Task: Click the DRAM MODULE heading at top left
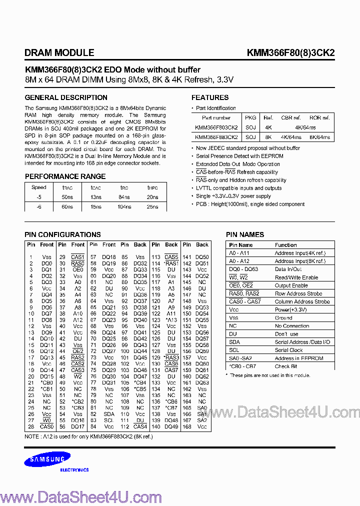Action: coord(59,52)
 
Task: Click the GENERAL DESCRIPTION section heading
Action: coord(61,97)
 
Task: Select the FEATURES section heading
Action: coord(210,97)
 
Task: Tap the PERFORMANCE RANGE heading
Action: coord(65,176)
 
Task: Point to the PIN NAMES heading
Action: coord(245,234)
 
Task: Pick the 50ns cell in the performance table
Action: coord(67,198)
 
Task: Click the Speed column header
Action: coord(39,188)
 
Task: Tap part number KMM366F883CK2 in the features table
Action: coord(216,136)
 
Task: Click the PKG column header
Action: coord(250,118)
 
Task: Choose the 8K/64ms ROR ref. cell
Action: coord(319,136)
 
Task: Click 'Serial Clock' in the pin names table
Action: coord(288,350)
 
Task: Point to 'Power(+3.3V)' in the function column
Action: coord(290,309)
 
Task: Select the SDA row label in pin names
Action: coord(234,342)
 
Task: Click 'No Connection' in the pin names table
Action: coord(292,326)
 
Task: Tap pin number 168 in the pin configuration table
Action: coord(187,426)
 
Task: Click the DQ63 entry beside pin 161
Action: coord(202,382)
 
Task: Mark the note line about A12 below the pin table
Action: coord(88,436)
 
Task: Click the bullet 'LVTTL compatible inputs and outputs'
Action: coord(239,188)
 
